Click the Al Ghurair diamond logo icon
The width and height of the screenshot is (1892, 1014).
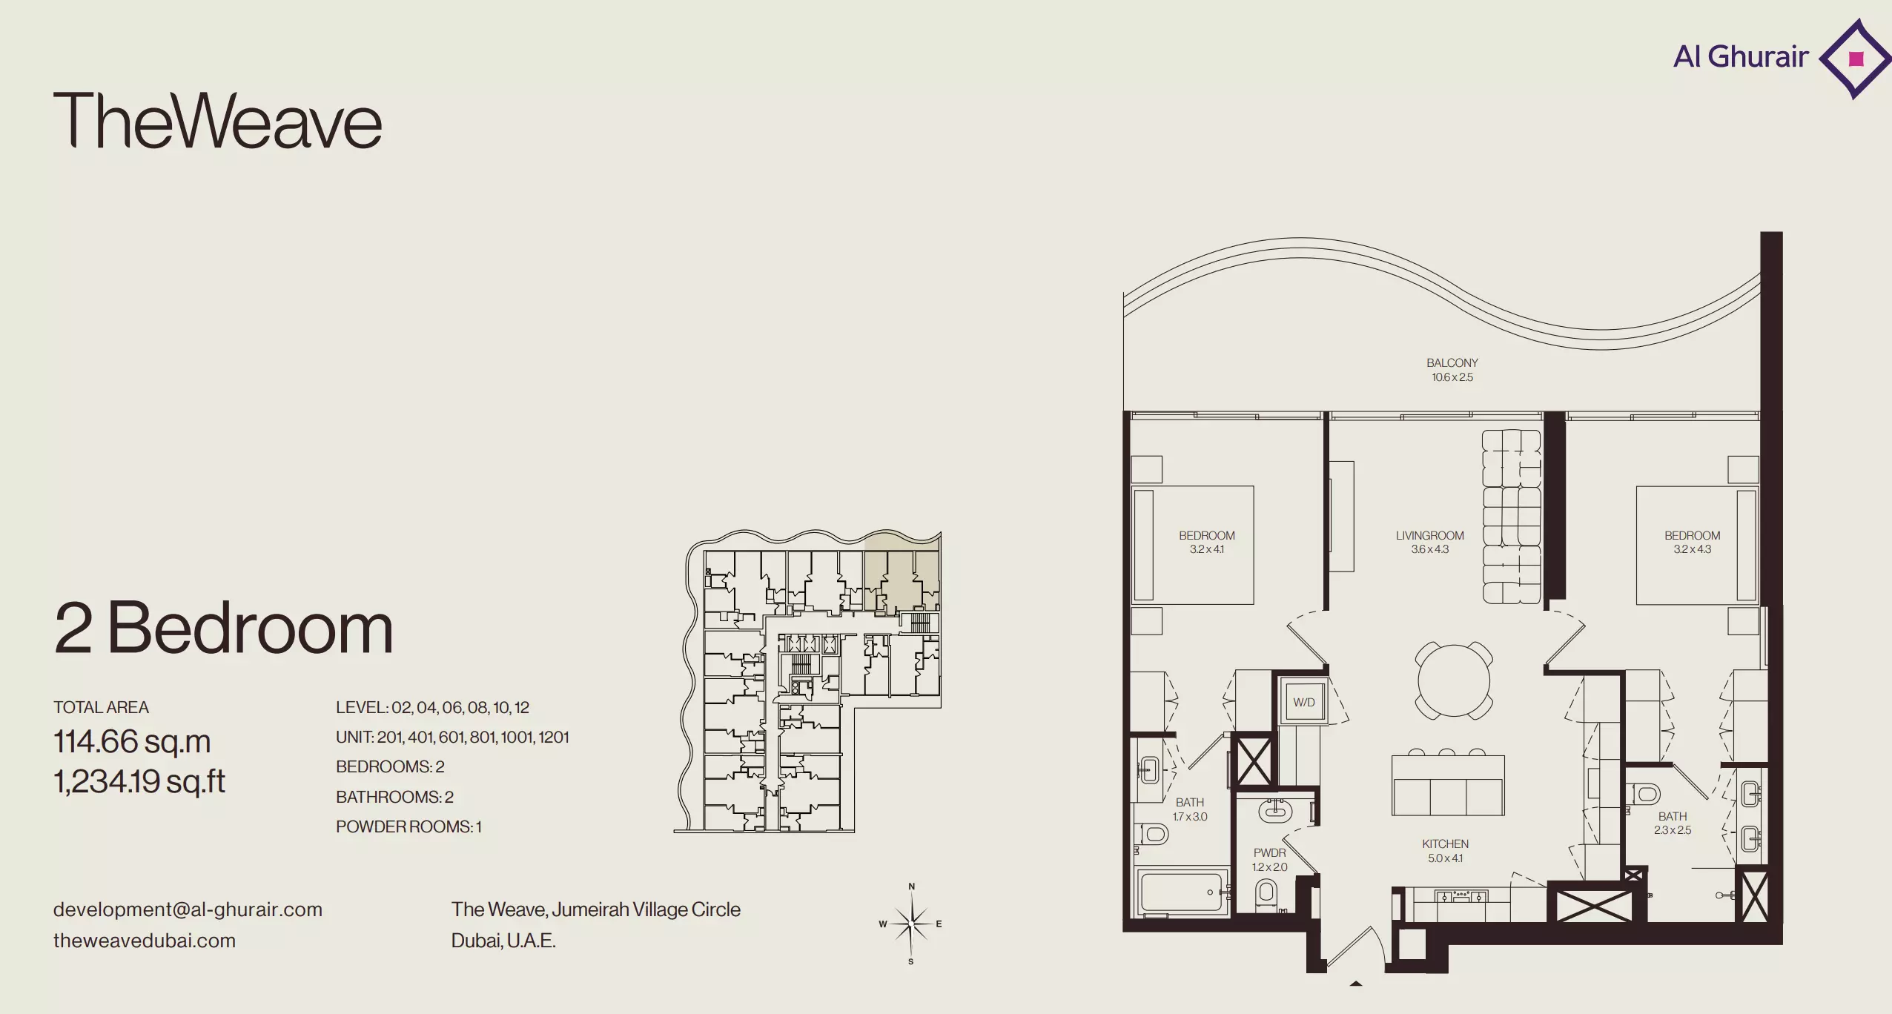1855,59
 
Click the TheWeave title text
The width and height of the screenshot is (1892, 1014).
217,121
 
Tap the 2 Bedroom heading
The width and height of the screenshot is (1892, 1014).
223,628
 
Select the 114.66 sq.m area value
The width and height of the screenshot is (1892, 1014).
132,741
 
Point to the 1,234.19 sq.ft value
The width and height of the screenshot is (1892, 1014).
139,781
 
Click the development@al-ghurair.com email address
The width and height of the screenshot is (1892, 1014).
188,909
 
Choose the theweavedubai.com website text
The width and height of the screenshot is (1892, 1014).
145,941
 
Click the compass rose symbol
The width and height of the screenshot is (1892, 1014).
911,924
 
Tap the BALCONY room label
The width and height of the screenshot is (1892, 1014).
1452,362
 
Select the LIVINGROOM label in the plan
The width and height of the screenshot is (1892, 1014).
1429,535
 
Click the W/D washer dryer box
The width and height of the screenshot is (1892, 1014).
1303,701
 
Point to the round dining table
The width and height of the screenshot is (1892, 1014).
1454,680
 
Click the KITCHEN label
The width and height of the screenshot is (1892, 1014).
1445,844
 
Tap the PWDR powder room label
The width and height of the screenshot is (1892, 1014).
1269,852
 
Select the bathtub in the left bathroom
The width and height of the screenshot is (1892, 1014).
1182,892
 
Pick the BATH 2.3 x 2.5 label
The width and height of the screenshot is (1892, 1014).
1673,823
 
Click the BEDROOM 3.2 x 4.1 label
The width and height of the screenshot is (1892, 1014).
1207,542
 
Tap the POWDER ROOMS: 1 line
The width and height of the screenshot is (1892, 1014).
408,826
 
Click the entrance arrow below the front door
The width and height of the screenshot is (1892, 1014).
1356,984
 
